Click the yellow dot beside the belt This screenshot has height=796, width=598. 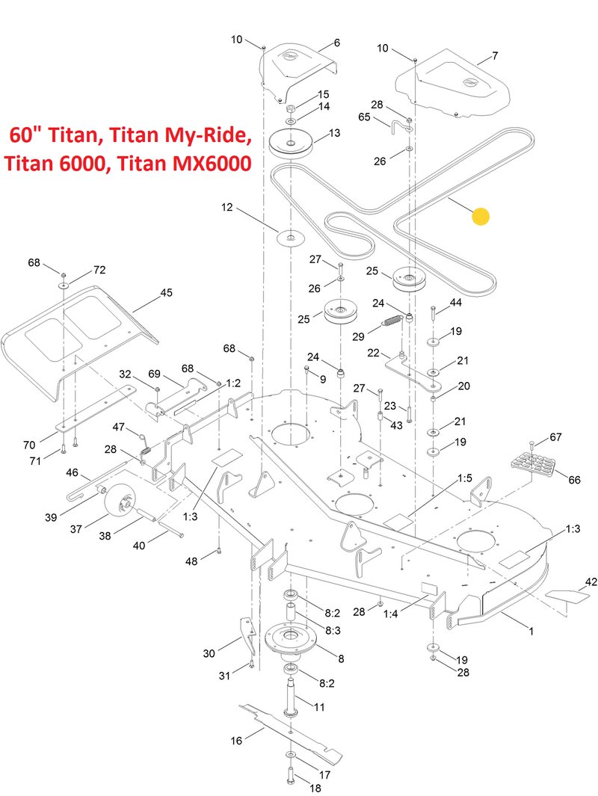[481, 217]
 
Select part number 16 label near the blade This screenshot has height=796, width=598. [236, 741]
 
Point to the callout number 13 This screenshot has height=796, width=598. [333, 133]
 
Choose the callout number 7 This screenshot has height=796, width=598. [494, 56]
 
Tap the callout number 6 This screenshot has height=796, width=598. [336, 43]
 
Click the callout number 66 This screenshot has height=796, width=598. [574, 479]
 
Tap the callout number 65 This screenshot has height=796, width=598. [365, 117]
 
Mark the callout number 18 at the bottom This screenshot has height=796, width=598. [314, 789]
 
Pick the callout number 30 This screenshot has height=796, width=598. [209, 653]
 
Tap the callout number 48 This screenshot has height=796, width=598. [192, 561]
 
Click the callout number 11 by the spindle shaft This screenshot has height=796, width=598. [318, 706]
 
